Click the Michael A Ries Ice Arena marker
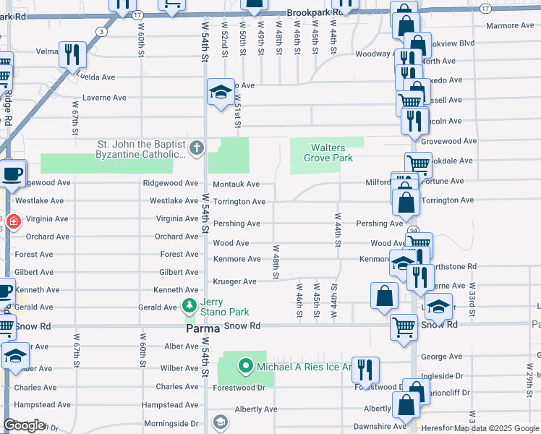click(246, 367)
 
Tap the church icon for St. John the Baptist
click(195, 149)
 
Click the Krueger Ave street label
click(234, 281)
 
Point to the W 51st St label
click(237, 112)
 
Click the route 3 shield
click(102, 32)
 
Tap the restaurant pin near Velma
click(73, 54)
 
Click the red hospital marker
click(3, 221)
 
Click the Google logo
click(25, 426)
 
